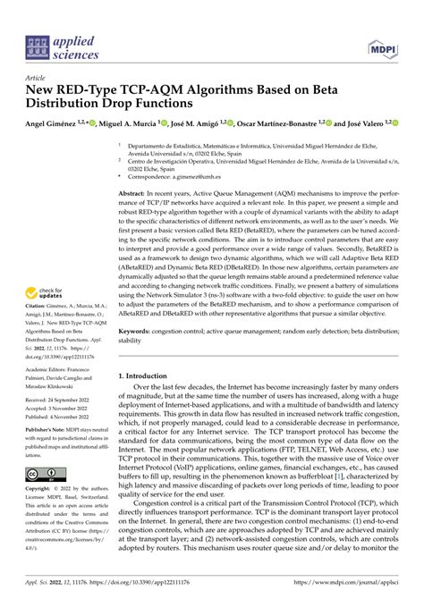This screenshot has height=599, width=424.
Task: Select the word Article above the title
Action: pos(38,78)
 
